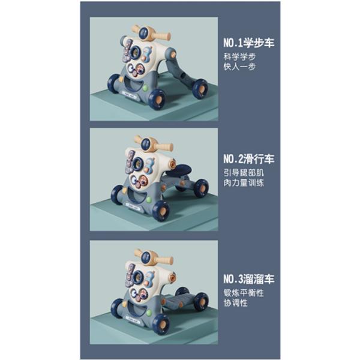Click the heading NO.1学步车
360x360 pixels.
(x=249, y=43)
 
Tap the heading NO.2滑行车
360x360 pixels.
(x=249, y=159)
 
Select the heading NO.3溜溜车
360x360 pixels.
(x=249, y=279)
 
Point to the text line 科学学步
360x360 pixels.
(x=239, y=57)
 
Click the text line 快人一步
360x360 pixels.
(x=239, y=67)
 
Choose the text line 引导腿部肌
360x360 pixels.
(x=244, y=173)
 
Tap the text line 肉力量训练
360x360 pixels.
(x=244, y=183)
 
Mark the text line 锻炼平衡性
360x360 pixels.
(x=244, y=293)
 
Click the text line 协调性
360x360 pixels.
(x=236, y=303)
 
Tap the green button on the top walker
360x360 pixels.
(x=145, y=88)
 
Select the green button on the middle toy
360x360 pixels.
(x=149, y=199)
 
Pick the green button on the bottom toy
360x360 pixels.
(x=149, y=313)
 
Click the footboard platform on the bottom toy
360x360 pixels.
(x=179, y=302)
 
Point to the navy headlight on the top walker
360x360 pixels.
(x=144, y=34)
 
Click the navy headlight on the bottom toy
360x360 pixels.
(x=146, y=257)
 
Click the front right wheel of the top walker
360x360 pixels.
(x=157, y=101)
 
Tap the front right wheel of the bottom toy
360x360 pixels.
(x=161, y=324)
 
